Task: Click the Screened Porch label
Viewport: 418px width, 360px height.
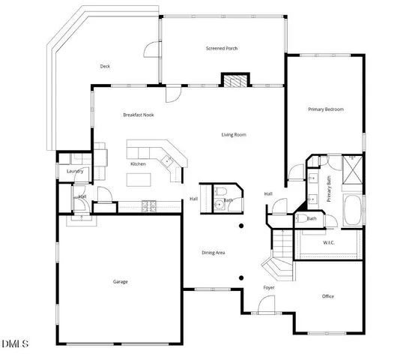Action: click(222, 49)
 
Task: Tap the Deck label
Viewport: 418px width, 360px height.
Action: click(106, 66)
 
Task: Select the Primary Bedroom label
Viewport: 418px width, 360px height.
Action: click(325, 109)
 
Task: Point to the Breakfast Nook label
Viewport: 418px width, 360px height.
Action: click(139, 115)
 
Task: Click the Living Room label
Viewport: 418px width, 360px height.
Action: click(234, 135)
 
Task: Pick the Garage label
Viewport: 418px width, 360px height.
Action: click(120, 282)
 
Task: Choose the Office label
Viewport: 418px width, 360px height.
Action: click(328, 296)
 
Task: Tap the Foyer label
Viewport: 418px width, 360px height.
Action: click(269, 288)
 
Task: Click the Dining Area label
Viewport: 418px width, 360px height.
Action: click(214, 253)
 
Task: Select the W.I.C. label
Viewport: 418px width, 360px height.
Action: click(329, 243)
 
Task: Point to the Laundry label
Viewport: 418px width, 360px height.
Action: click(74, 172)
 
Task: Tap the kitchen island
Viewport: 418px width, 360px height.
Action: click(139, 179)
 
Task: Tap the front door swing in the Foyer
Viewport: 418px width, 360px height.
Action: click(263, 305)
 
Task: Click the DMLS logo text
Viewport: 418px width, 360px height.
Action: click(15, 344)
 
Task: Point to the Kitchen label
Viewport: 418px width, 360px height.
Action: click(138, 163)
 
